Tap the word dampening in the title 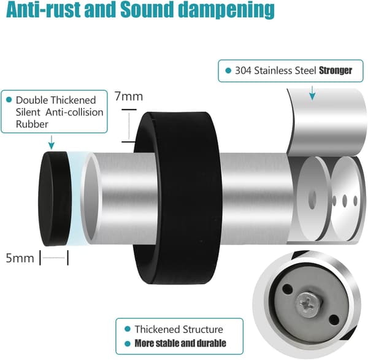coord(226,10)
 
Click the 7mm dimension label coord(129,96)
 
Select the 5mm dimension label coord(20,258)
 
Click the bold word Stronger coord(335,71)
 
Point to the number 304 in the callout coord(243,71)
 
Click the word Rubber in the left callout coord(32,124)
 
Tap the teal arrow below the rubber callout coord(52,142)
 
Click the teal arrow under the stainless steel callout coord(312,93)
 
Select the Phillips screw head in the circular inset coord(308,305)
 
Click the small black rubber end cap coord(55,199)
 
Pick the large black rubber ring coord(178,198)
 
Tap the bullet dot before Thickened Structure coord(128,329)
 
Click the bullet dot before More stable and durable coord(128,344)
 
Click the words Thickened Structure coord(179,329)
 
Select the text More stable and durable coord(180,343)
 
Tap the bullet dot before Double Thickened coord(9,100)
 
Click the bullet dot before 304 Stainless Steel coord(228,71)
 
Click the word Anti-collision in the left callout coord(74,112)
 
